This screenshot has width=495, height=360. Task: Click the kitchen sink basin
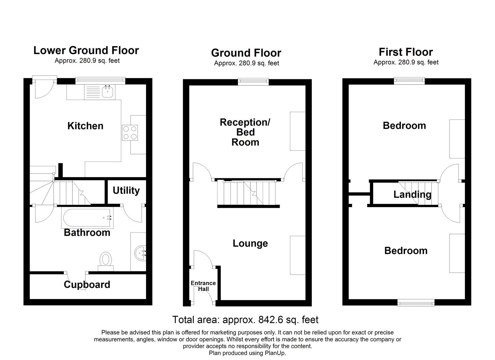point(108,92)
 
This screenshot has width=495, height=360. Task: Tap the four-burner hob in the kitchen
point(130,132)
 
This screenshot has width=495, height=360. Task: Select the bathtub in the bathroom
point(88,218)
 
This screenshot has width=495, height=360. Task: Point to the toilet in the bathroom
point(105,261)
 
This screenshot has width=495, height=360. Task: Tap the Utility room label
point(126,190)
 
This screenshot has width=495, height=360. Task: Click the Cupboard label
point(87,284)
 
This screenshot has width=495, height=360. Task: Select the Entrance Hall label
point(203,286)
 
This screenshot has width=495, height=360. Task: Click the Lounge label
point(250,243)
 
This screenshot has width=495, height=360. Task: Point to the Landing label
point(412,194)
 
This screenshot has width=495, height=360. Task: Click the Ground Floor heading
point(246,53)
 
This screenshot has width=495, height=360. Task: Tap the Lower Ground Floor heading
point(86,50)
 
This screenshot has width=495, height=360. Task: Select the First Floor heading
point(406,52)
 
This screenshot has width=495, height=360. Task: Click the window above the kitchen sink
point(100,80)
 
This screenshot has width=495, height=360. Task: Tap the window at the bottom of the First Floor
point(416,303)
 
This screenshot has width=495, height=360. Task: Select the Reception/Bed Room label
point(245,132)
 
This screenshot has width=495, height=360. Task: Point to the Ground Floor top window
point(253,82)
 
